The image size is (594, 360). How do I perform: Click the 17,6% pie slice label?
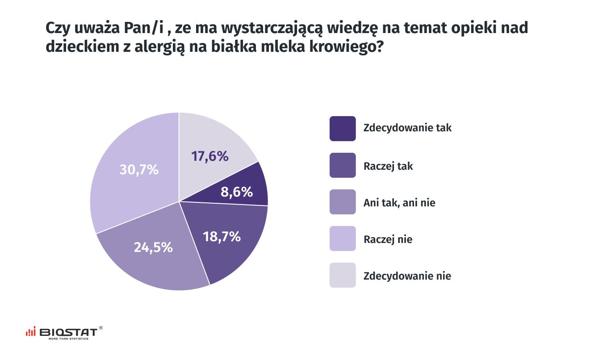(210, 156)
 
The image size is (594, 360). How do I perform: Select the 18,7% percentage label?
(222, 237)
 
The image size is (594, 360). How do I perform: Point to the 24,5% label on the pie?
(153, 247)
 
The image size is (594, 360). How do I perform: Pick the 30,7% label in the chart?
(139, 170)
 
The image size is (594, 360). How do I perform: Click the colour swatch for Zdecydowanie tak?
(343, 129)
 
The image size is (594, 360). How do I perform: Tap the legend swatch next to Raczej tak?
(343, 165)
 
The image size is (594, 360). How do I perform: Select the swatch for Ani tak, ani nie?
(343, 202)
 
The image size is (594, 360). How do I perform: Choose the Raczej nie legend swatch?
(343, 239)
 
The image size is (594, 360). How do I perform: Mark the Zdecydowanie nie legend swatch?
(343, 275)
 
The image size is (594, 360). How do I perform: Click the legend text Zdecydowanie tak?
(407, 128)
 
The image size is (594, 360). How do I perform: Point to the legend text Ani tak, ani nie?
(399, 203)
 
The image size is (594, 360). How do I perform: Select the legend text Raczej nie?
(388, 239)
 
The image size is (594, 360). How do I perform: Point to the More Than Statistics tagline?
(68, 339)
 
